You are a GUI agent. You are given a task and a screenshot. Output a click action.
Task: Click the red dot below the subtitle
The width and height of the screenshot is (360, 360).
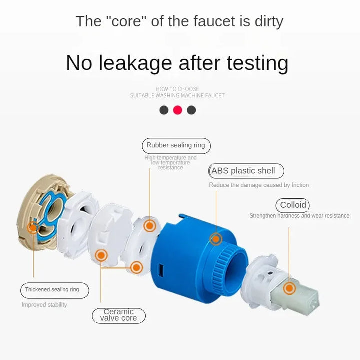click(x=177, y=110)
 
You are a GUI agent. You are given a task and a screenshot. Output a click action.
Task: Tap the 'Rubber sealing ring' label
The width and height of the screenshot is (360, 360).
click(x=176, y=146)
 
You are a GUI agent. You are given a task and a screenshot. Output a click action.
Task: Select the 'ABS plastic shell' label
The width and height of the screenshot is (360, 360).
click(x=246, y=171)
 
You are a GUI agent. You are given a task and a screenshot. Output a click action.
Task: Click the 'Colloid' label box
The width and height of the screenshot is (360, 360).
click(x=292, y=205)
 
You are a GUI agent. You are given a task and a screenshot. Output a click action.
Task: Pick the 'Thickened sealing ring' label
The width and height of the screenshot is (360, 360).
click(x=55, y=290)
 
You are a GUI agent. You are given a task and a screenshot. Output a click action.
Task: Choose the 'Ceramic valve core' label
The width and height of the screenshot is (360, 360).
click(x=118, y=315)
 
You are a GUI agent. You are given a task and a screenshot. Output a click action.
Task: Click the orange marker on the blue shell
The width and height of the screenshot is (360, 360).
click(x=216, y=239)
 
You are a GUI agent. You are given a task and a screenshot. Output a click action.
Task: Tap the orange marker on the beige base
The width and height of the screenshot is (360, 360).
click(x=33, y=228)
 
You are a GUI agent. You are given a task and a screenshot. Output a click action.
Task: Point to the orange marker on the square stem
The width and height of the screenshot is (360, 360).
click(x=289, y=288)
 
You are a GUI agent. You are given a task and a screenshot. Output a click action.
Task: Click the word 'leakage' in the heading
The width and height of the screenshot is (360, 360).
click(x=135, y=63)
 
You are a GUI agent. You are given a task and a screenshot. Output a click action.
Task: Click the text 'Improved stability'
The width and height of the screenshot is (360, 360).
click(x=44, y=305)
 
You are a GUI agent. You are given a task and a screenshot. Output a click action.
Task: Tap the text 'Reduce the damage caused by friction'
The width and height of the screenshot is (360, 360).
click(x=259, y=185)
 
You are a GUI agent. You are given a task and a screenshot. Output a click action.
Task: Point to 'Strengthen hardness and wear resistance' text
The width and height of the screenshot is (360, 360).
click(x=299, y=216)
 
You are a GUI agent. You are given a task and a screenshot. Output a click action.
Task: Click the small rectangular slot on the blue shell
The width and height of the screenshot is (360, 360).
click(x=161, y=270)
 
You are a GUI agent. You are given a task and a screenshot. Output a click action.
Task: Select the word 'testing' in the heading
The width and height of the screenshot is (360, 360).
click(x=257, y=63)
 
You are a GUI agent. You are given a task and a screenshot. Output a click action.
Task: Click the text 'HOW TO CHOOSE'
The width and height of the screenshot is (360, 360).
click(x=177, y=89)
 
